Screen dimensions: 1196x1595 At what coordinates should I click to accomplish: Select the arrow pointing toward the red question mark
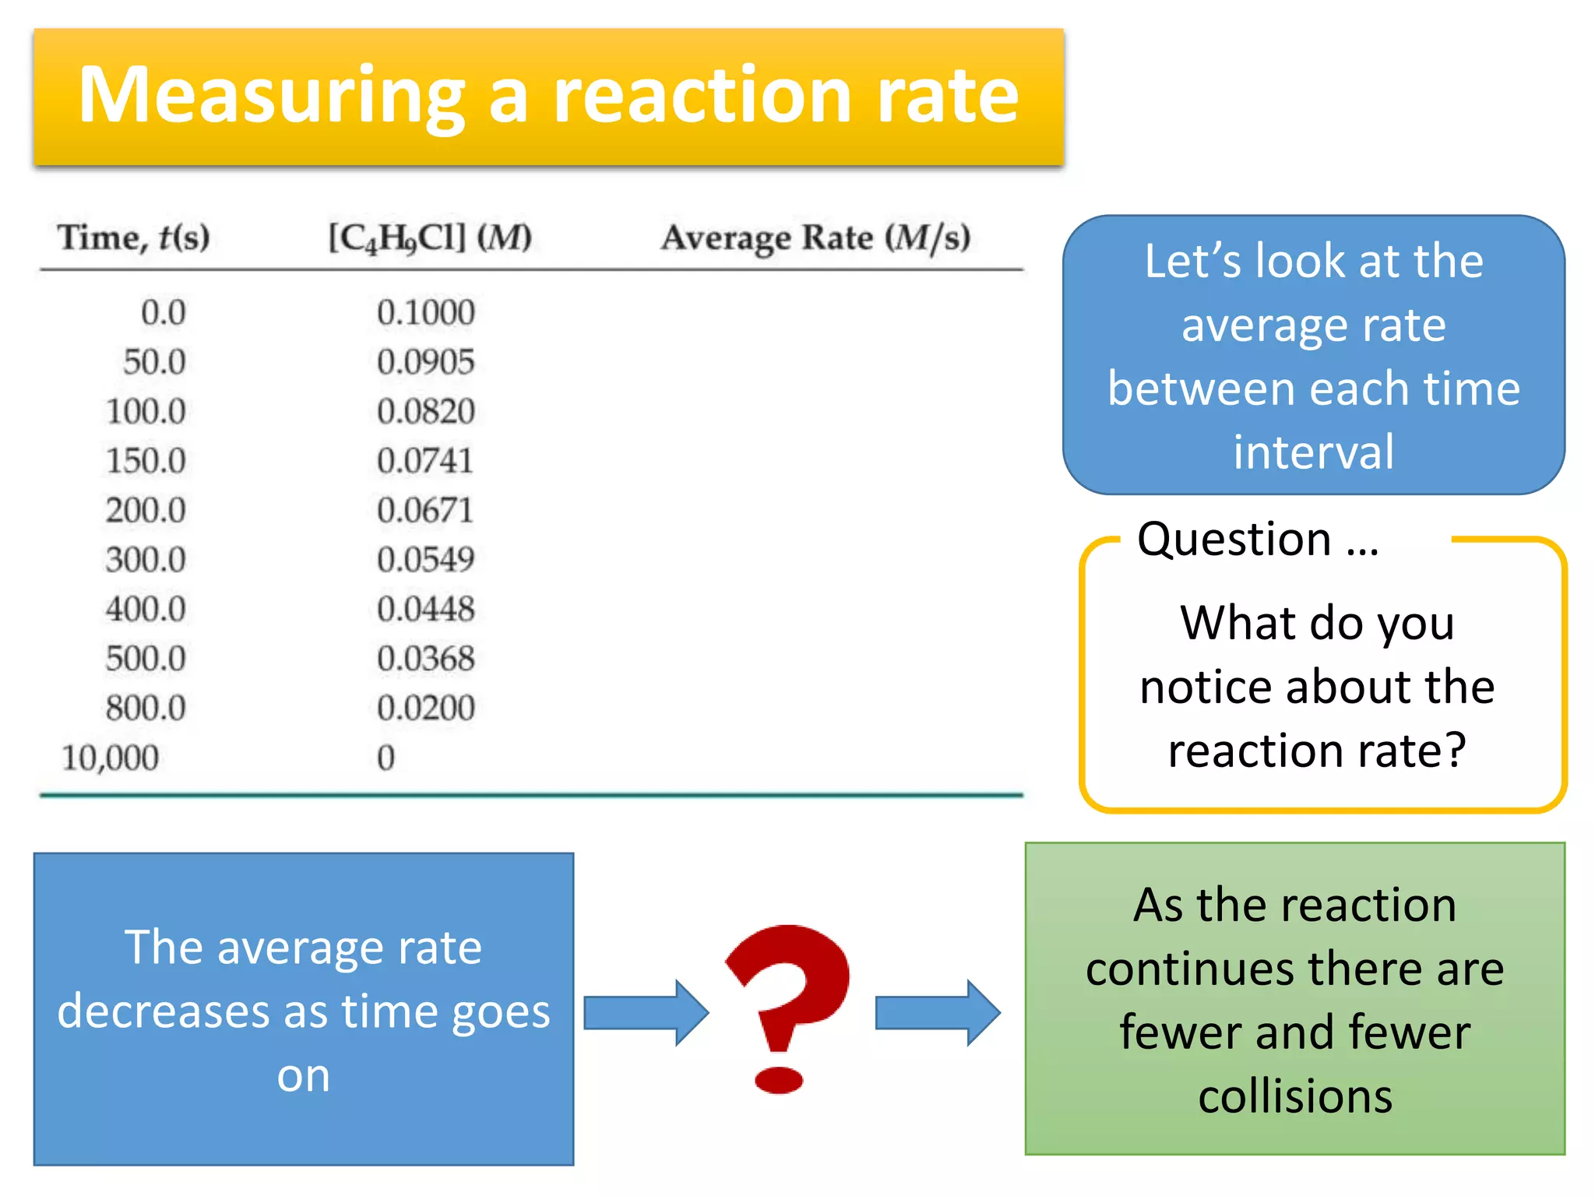click(646, 1012)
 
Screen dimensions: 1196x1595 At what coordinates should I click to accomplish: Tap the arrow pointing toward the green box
click(937, 1012)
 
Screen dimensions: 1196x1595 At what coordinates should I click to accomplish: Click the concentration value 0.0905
click(425, 362)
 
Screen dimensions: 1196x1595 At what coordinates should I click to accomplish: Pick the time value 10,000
click(110, 758)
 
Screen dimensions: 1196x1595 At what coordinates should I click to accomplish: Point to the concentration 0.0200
click(425, 708)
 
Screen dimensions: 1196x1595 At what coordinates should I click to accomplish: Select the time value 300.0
click(146, 560)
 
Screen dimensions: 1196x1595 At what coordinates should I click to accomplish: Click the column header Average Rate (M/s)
click(815, 237)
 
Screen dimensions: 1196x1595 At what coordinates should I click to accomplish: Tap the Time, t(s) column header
click(134, 237)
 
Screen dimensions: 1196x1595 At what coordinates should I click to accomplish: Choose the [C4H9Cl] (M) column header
click(430, 237)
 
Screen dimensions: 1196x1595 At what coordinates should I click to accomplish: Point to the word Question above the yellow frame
click(1234, 539)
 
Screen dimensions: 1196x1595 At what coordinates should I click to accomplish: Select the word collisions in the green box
click(1295, 1096)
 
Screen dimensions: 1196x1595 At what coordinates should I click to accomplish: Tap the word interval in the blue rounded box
click(1314, 452)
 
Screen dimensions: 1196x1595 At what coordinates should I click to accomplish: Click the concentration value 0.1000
click(425, 312)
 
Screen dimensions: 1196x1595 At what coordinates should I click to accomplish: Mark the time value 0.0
click(163, 312)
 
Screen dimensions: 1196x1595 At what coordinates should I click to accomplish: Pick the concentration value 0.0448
click(425, 609)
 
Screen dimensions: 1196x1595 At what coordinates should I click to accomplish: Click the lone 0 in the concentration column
click(386, 758)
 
